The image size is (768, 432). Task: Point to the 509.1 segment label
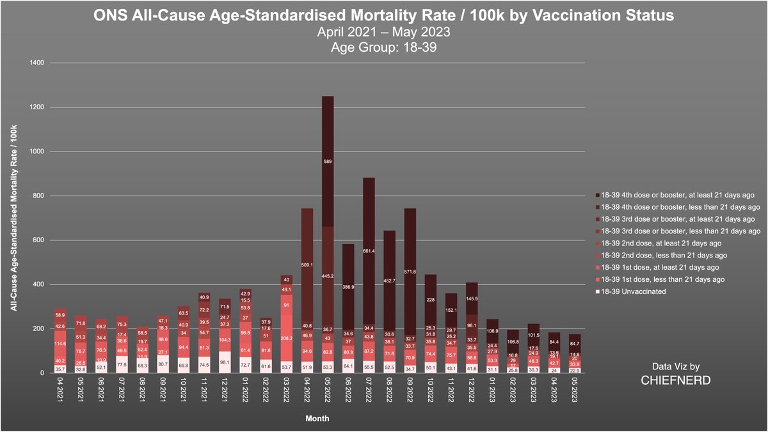[x=307, y=264]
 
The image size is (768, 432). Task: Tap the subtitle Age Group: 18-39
[x=384, y=47]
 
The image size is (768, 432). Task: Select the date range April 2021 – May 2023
[x=384, y=31]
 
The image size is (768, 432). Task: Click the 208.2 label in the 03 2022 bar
[x=286, y=338]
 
